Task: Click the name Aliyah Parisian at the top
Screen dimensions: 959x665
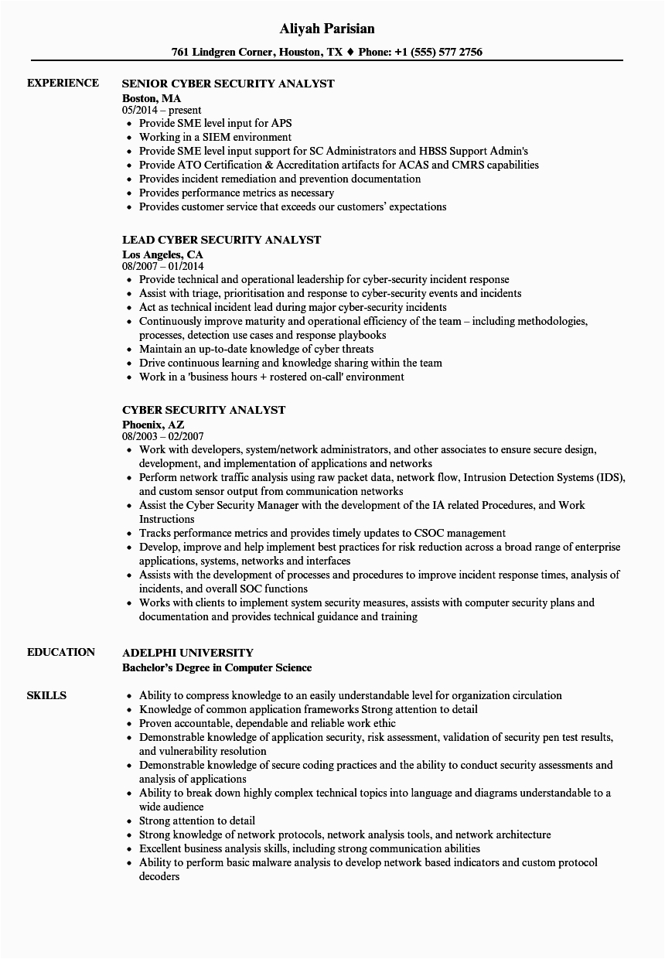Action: pyautogui.click(x=327, y=29)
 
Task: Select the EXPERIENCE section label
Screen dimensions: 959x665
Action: pyautogui.click(x=63, y=83)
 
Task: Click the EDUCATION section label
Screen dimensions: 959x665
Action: pyautogui.click(x=61, y=652)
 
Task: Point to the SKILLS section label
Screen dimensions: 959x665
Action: pyautogui.click(x=46, y=695)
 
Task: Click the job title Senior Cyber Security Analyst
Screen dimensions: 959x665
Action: pyautogui.click(x=228, y=84)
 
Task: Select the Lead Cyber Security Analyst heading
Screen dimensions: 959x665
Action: pyautogui.click(x=221, y=240)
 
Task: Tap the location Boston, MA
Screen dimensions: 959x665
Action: pyautogui.click(x=152, y=98)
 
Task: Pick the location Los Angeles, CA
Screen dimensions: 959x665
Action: pyautogui.click(x=162, y=254)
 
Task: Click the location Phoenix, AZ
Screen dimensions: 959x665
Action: pyautogui.click(x=153, y=425)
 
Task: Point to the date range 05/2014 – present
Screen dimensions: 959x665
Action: pyautogui.click(x=162, y=111)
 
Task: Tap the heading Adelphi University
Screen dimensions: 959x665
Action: pyautogui.click(x=188, y=653)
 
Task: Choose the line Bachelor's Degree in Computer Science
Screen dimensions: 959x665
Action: pyautogui.click(x=217, y=667)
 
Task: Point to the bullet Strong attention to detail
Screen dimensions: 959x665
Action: pyautogui.click(x=197, y=821)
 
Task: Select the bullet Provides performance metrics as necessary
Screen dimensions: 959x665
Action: pyautogui.click(x=237, y=193)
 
